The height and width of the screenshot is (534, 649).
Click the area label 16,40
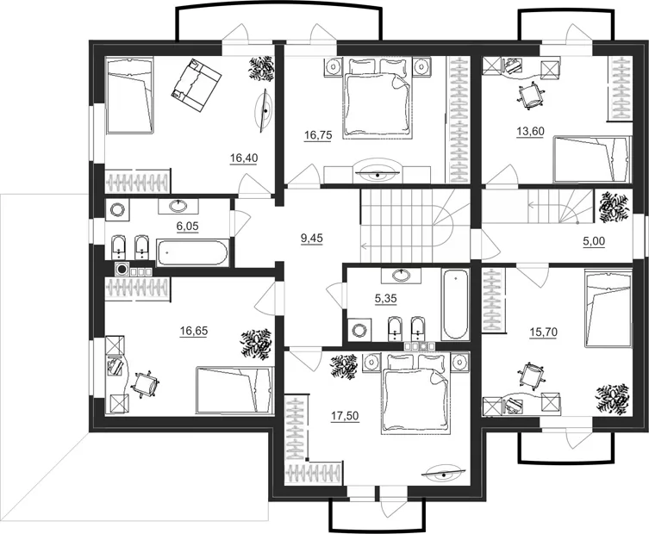(244, 158)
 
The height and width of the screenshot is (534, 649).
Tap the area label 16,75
(318, 135)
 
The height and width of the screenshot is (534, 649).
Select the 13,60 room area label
(530, 132)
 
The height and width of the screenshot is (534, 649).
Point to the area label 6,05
(188, 227)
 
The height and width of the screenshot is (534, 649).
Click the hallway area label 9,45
(312, 239)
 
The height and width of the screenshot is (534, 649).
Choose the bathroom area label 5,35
(386, 299)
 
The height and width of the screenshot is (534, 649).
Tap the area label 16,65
(194, 331)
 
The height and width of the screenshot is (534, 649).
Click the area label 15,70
(544, 332)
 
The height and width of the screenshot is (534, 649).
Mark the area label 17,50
(346, 416)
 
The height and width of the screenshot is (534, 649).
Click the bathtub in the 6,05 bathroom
(191, 252)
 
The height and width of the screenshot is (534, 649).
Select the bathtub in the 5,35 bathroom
(456, 304)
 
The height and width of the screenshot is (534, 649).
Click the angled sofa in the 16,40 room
(197, 85)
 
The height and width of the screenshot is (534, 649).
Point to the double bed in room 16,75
(378, 97)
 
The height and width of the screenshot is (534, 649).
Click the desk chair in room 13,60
(530, 96)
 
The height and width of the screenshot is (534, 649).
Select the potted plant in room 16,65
(257, 344)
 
